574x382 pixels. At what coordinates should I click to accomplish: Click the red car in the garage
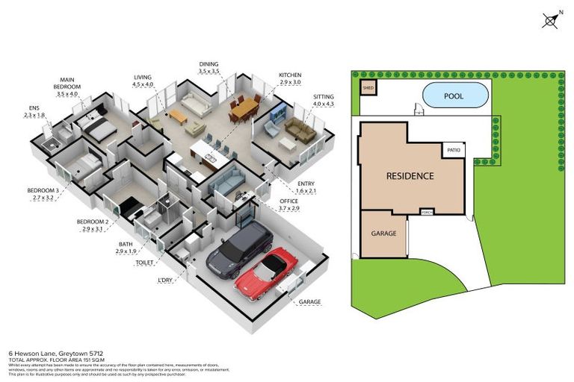coord(267,275)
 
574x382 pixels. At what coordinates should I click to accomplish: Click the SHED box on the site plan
coord(368,88)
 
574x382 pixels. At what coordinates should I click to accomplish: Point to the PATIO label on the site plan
coord(454,151)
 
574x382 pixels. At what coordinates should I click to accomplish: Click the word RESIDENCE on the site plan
coord(410,176)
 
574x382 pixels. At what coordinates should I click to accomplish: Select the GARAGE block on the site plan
coord(383,233)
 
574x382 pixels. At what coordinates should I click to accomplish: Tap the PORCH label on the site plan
coord(427,211)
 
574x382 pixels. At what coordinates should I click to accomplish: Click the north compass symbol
coord(551,20)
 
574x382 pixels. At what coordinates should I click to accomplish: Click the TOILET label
coord(146,263)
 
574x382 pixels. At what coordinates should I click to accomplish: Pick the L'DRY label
coord(166,281)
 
